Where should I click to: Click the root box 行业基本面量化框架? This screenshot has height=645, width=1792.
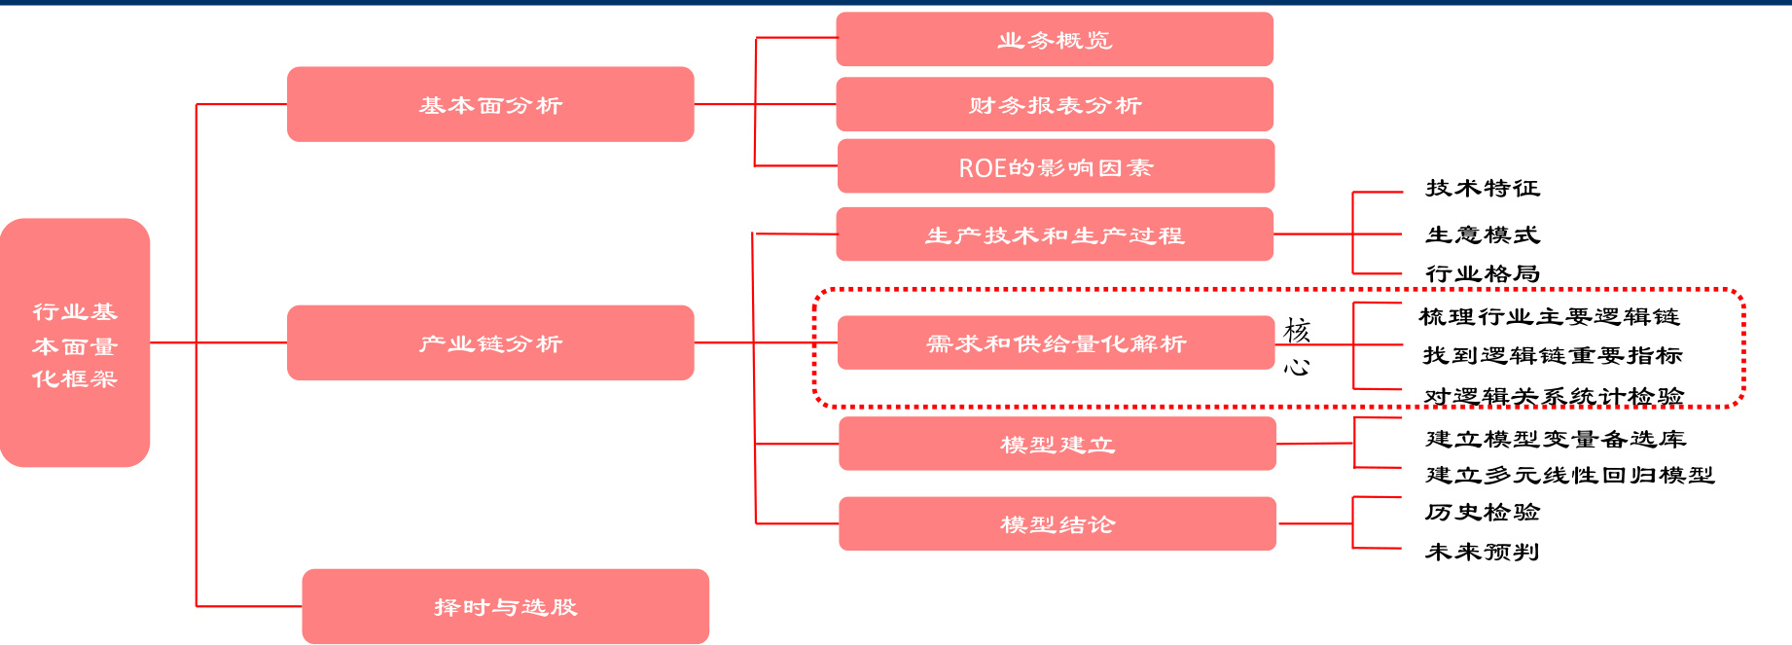tap(75, 342)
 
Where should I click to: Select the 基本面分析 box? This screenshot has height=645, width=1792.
tap(490, 104)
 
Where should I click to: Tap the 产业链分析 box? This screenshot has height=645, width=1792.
tap(490, 342)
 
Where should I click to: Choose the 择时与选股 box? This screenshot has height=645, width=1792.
tap(505, 606)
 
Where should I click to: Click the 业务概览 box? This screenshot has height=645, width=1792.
tap(1055, 40)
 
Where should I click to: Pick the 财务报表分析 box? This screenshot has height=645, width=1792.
tap(1055, 104)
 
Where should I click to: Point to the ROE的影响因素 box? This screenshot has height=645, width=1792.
tap(1056, 167)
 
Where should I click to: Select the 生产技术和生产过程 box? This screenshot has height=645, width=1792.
tap(1055, 234)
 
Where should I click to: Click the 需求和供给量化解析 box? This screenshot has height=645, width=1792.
tap(1056, 342)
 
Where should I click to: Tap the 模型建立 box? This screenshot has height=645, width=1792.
tap(1057, 444)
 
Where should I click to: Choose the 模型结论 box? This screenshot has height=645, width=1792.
tap(1057, 524)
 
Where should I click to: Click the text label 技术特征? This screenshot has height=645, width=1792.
tap(1483, 188)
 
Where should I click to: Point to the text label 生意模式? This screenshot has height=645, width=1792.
tap(1483, 234)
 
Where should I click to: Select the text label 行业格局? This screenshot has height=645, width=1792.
tap(1483, 273)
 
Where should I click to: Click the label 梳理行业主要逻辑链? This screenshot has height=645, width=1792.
tap(1549, 316)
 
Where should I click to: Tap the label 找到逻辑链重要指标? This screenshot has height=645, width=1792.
tap(1553, 355)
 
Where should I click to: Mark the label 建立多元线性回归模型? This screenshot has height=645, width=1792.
tap(1569, 475)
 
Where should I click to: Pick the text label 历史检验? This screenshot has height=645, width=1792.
tap(1483, 512)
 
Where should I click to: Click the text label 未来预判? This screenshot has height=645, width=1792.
tap(1482, 552)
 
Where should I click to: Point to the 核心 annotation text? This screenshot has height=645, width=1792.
tap(1297, 347)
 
